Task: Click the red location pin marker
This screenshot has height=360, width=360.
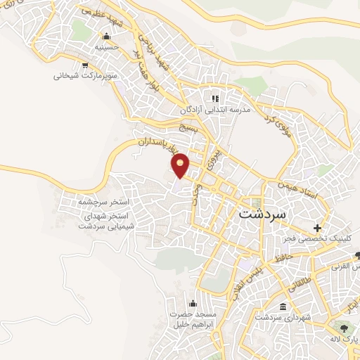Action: [181, 165]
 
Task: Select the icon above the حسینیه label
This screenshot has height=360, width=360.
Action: [107, 37]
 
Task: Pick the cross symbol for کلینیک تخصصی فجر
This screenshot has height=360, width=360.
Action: [318, 228]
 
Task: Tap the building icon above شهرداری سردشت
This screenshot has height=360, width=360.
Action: [283, 307]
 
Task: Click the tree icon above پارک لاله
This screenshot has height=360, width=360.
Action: [344, 328]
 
